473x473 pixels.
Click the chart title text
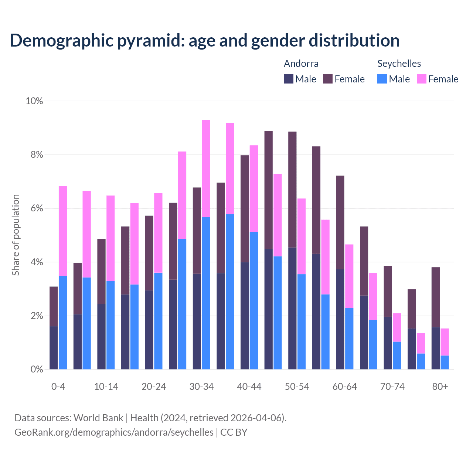pos(204,40)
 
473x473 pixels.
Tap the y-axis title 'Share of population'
pos(16,235)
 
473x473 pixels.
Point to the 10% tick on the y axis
pos(34,101)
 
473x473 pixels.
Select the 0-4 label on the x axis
pos(58,387)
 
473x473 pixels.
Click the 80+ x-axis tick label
pos(440,387)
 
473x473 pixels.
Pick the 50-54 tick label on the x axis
pos(297,387)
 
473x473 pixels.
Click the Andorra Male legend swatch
pos(289,79)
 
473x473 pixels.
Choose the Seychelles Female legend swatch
pos(422,79)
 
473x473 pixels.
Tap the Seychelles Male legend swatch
pos(382,79)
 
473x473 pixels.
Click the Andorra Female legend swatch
pos(328,79)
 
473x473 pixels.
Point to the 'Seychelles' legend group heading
pos(399,63)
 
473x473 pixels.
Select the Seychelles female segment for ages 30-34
pos(206,169)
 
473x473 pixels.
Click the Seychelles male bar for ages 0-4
pos(63,323)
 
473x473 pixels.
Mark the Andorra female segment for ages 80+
pos(436,297)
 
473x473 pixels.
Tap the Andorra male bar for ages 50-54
pos(292,308)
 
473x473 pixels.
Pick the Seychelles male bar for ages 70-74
pos(397,355)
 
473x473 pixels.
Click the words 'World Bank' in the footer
pos(98,418)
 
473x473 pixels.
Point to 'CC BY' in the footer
pos(234,432)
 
